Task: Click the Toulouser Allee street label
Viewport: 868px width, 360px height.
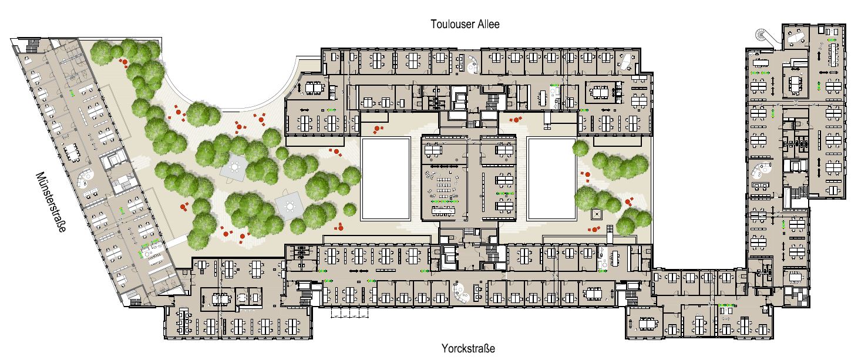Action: (465, 24)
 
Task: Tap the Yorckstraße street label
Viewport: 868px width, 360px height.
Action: (468, 348)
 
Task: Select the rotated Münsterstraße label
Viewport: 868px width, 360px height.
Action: (51, 201)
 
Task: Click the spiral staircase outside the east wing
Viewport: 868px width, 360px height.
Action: (762, 35)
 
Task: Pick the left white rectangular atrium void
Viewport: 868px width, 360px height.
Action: (386, 179)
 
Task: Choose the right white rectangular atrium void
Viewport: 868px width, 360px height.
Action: (551, 179)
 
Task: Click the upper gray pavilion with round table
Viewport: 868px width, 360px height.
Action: (234, 167)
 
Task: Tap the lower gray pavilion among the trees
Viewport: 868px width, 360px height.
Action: (289, 206)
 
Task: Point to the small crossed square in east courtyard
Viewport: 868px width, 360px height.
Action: (596, 214)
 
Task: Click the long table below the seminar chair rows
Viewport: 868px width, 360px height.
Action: (443, 211)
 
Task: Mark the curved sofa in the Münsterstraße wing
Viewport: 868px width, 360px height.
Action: (85, 179)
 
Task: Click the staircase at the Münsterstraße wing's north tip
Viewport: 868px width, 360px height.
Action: (31, 46)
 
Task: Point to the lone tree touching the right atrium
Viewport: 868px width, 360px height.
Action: (580, 148)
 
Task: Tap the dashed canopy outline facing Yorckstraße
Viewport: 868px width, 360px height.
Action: (349, 312)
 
